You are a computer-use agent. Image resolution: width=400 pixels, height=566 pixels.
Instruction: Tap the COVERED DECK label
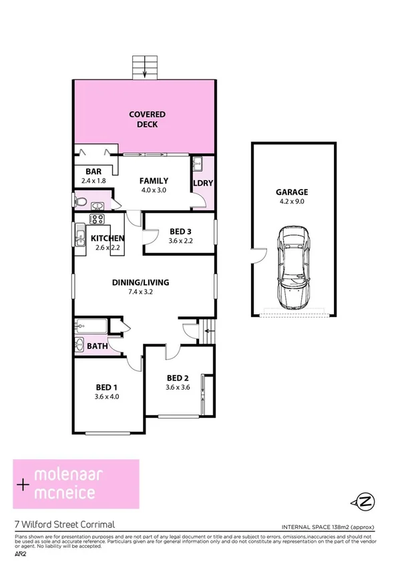[147, 119]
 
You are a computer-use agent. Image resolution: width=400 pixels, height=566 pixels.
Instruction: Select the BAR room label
[84, 171]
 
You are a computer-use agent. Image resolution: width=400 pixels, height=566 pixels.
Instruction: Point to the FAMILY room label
[154, 180]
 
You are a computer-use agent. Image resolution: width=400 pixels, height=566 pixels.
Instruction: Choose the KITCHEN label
[108, 238]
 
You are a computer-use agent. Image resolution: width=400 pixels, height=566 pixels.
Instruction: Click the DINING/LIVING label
[140, 282]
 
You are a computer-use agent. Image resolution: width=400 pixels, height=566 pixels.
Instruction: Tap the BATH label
[97, 346]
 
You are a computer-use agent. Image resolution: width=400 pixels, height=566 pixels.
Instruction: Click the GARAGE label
[292, 192]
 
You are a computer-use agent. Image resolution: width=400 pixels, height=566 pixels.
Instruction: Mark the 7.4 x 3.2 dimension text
[140, 292]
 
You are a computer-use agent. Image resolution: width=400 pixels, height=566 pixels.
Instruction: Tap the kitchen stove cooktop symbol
[97, 219]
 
